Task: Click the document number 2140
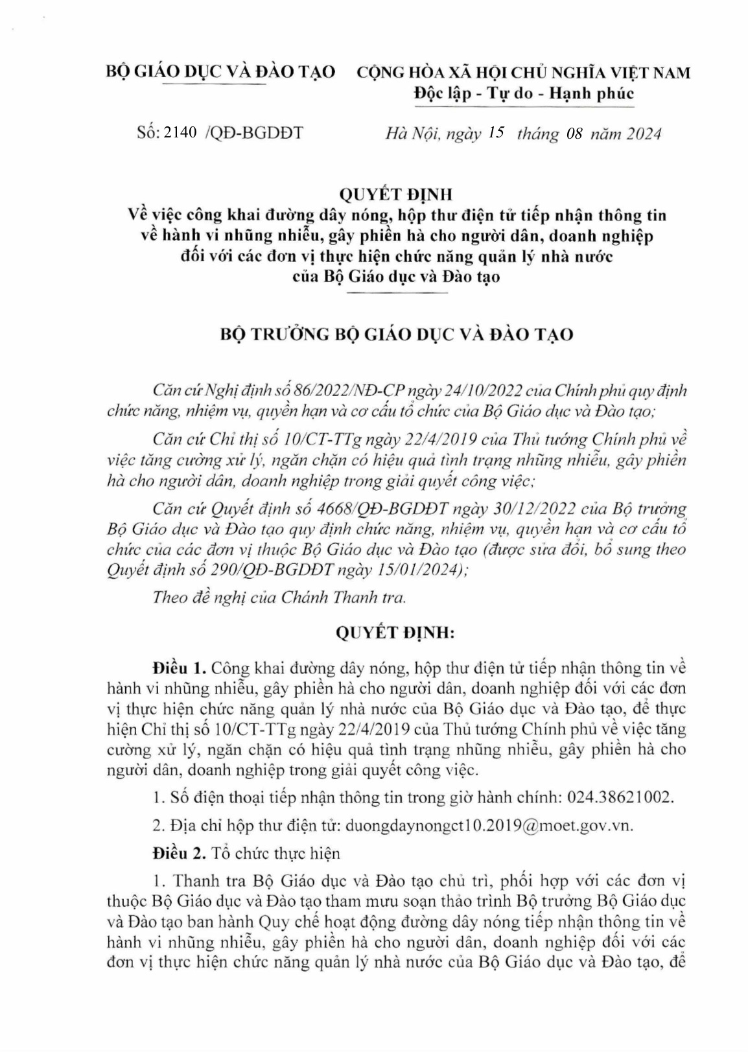pos(181,133)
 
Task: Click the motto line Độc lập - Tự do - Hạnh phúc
pos(524,94)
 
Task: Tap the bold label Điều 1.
pos(178,667)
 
